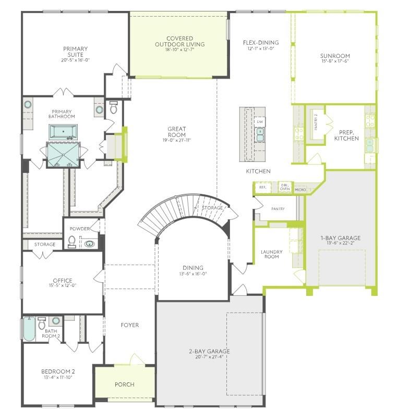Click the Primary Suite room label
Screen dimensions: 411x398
coord(75,52)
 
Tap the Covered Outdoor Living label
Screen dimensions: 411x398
coord(180,42)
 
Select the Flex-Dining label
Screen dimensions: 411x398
coord(261,43)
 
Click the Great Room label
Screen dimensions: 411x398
coord(177,132)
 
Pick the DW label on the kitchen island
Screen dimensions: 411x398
coord(260,122)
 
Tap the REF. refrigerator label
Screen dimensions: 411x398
coord(262,187)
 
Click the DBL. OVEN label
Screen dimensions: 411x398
coord(284,187)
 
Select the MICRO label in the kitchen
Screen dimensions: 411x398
coord(300,190)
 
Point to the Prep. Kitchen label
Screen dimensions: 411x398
coord(346,135)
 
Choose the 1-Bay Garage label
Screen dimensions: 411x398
coord(340,238)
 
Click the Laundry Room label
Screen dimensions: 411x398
coord(271,255)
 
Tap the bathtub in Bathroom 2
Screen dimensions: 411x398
coord(29,329)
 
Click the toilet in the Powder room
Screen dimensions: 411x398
coord(72,242)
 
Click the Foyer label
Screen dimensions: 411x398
coord(130,325)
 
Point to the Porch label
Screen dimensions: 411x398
coord(125,384)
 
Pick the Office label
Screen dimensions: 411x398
coord(62,281)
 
